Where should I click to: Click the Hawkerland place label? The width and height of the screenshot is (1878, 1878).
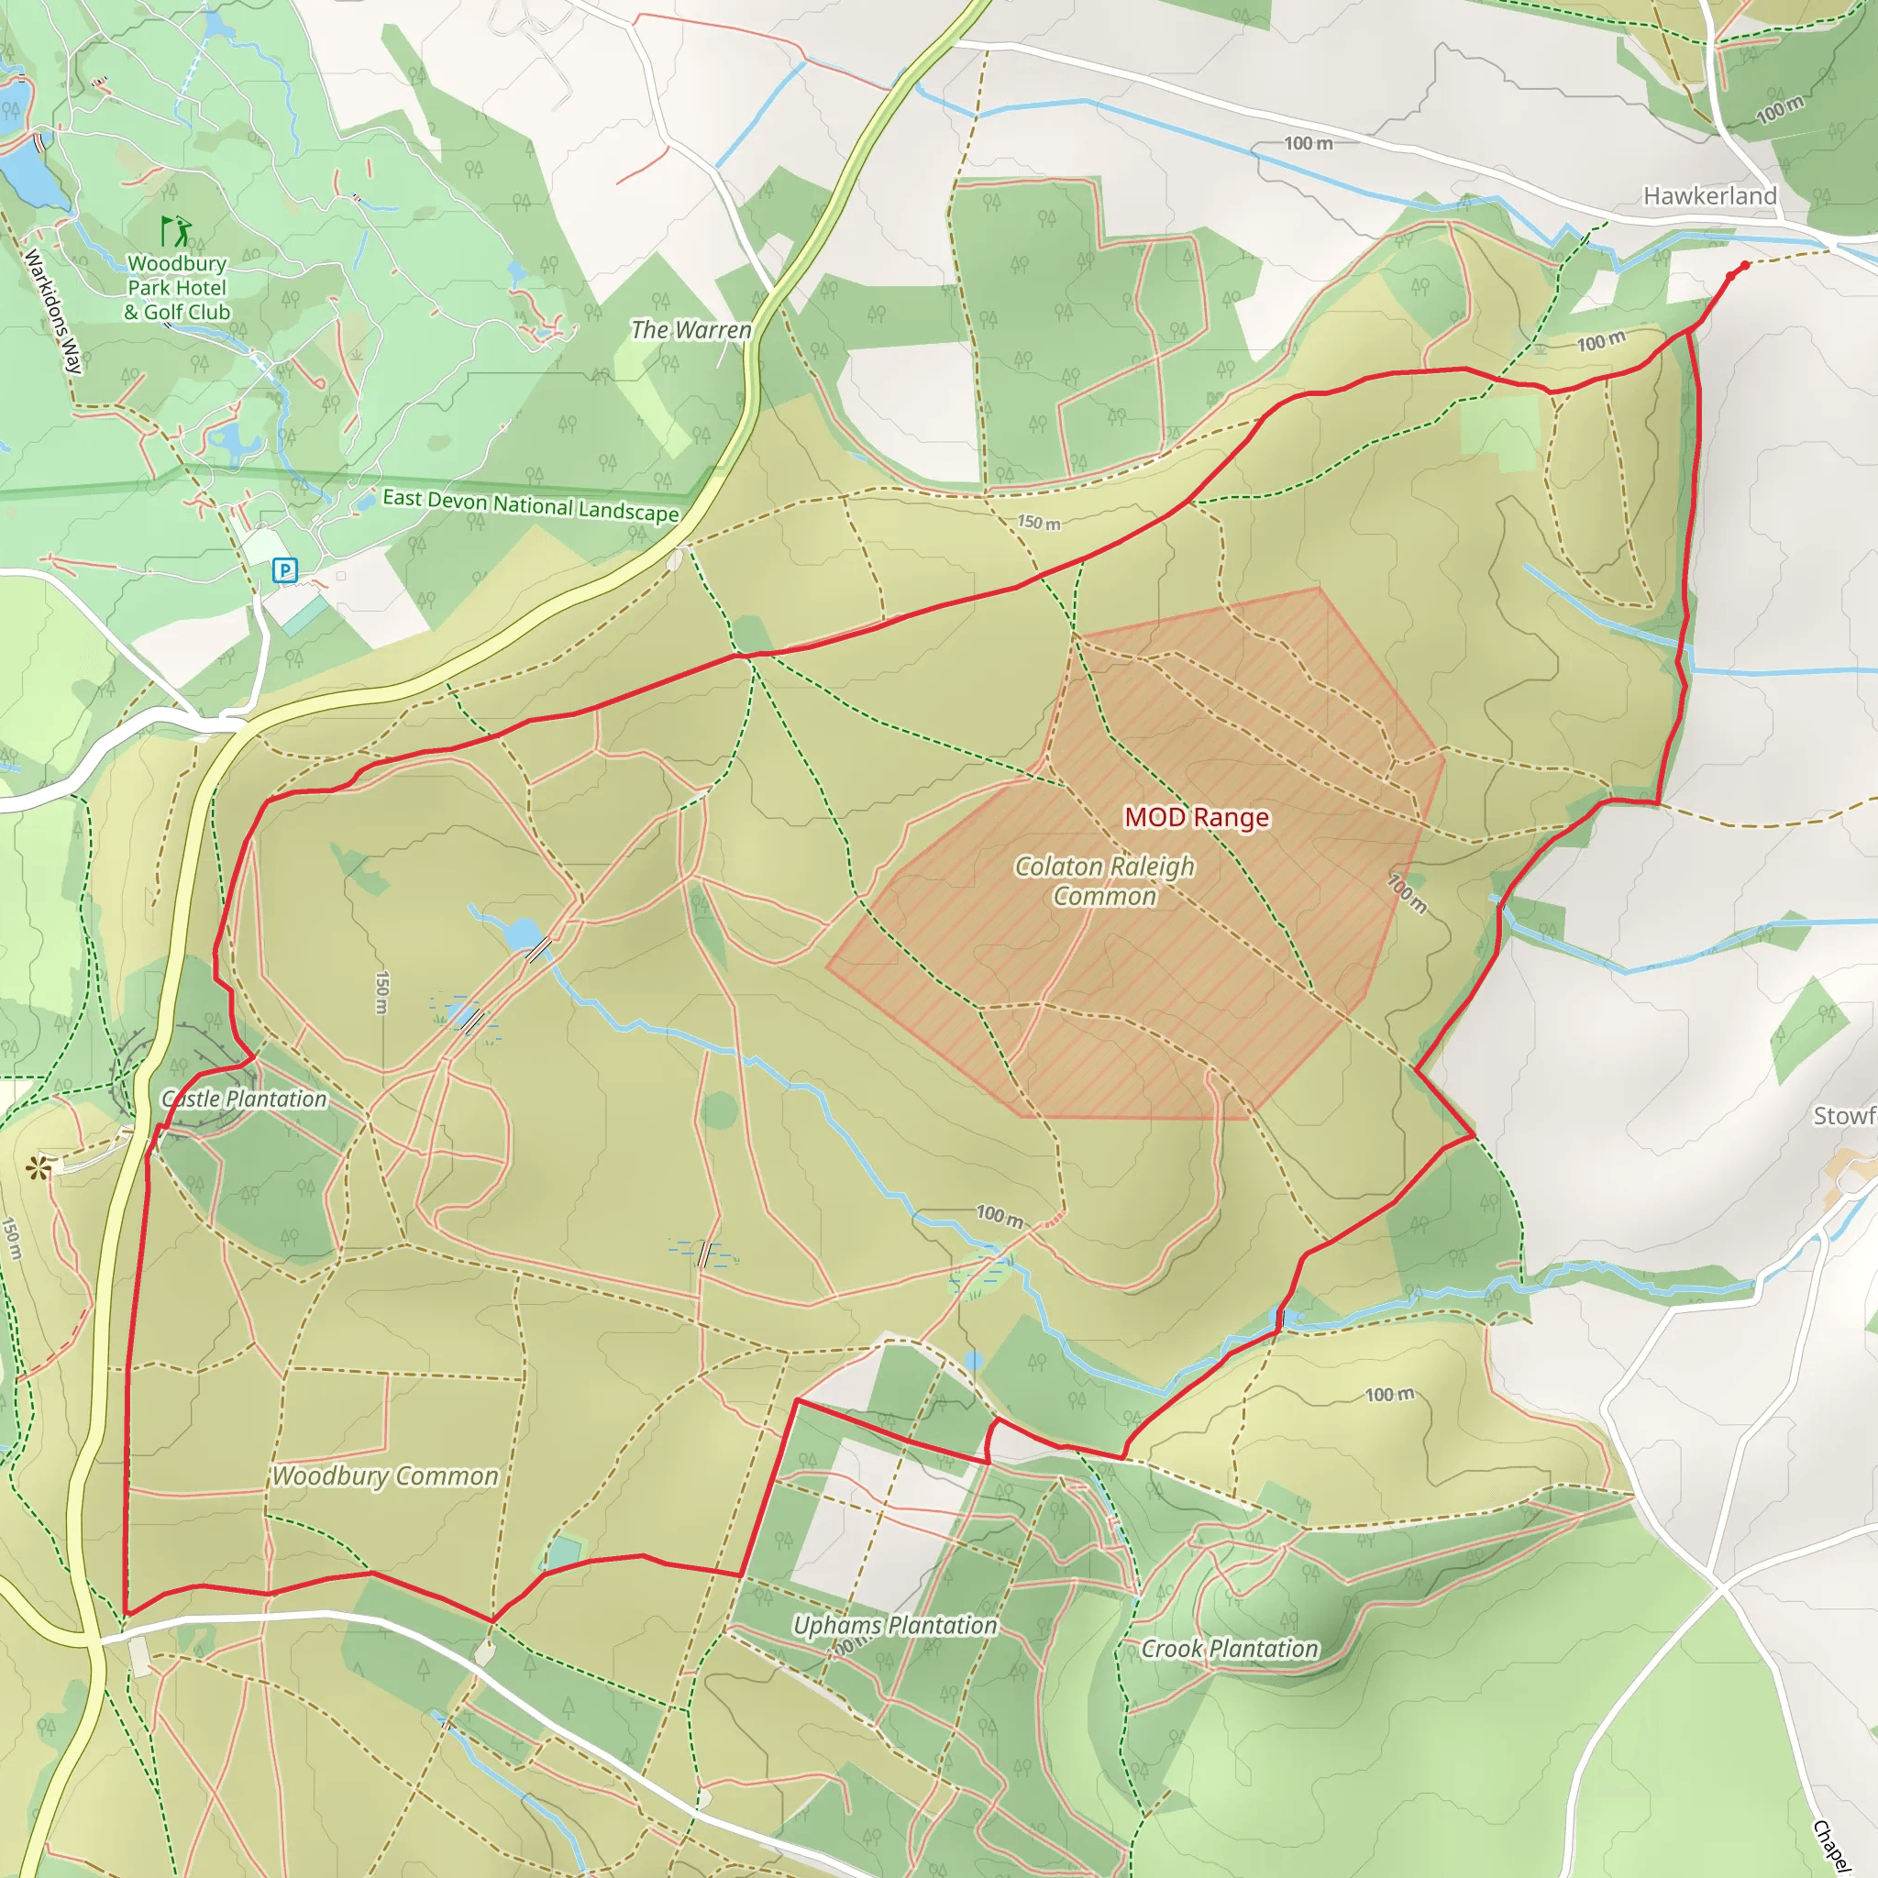pyautogui.click(x=1709, y=196)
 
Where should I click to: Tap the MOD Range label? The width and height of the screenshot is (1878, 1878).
pyautogui.click(x=1196, y=817)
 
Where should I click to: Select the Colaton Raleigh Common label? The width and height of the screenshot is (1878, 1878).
pyautogui.click(x=1104, y=880)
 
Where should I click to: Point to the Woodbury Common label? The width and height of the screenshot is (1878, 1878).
pyautogui.click(x=385, y=1475)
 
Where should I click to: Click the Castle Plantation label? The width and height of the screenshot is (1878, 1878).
pyautogui.click(x=245, y=1099)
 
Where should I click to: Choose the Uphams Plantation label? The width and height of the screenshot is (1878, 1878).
pyautogui.click(x=894, y=1625)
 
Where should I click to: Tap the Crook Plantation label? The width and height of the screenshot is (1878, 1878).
pyautogui.click(x=1229, y=1649)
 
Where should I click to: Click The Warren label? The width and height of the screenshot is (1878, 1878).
pyautogui.click(x=691, y=330)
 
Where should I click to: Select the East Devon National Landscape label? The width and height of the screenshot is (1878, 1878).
pyautogui.click(x=530, y=504)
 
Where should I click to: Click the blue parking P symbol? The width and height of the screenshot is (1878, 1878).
pyautogui.click(x=285, y=570)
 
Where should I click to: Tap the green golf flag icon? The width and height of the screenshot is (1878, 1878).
pyautogui.click(x=176, y=231)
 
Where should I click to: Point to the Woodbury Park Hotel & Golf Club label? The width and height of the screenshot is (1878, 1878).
pyautogui.click(x=177, y=288)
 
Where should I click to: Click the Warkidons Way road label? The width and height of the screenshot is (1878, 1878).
pyautogui.click(x=54, y=312)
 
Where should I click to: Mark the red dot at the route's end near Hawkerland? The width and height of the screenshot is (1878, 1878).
pyautogui.click(x=1745, y=265)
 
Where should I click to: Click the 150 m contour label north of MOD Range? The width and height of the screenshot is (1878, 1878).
pyautogui.click(x=1038, y=522)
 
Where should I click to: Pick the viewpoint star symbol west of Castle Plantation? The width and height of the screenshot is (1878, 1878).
pyautogui.click(x=39, y=1167)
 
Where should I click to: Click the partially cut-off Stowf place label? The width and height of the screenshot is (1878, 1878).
pyautogui.click(x=1844, y=1116)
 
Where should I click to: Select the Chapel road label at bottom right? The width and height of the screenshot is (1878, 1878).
pyautogui.click(x=1830, y=1845)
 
